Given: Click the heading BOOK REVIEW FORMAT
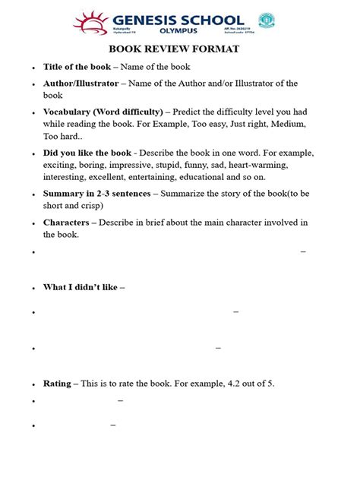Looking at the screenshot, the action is pyautogui.click(x=180, y=49).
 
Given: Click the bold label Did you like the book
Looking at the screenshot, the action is pyautogui.click(x=87, y=152).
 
